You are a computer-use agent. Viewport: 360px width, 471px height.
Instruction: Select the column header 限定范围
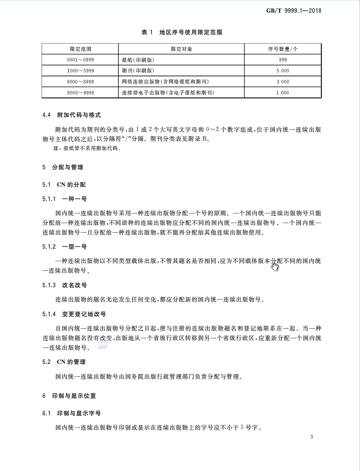[x=80, y=49]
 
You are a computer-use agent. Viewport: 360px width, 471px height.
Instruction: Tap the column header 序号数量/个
[x=283, y=49]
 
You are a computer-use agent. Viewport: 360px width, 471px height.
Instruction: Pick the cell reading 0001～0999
[x=80, y=60]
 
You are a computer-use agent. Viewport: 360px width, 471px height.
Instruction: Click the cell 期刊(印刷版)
[x=138, y=71]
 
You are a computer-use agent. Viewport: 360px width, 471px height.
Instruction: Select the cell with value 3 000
[x=283, y=82]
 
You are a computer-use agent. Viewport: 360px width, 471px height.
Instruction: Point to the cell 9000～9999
[x=80, y=93]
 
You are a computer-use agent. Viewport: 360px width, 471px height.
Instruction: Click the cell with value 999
[x=283, y=60]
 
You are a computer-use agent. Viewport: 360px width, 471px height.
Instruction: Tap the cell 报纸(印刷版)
[x=138, y=60]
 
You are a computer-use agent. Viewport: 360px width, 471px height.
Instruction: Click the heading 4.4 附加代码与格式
[x=71, y=115]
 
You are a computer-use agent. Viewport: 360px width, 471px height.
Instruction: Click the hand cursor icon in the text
[x=275, y=266]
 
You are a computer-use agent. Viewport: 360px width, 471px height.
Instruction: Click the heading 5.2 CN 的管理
[x=64, y=362]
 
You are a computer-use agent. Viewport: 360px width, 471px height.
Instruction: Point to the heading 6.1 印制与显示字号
[x=71, y=414]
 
